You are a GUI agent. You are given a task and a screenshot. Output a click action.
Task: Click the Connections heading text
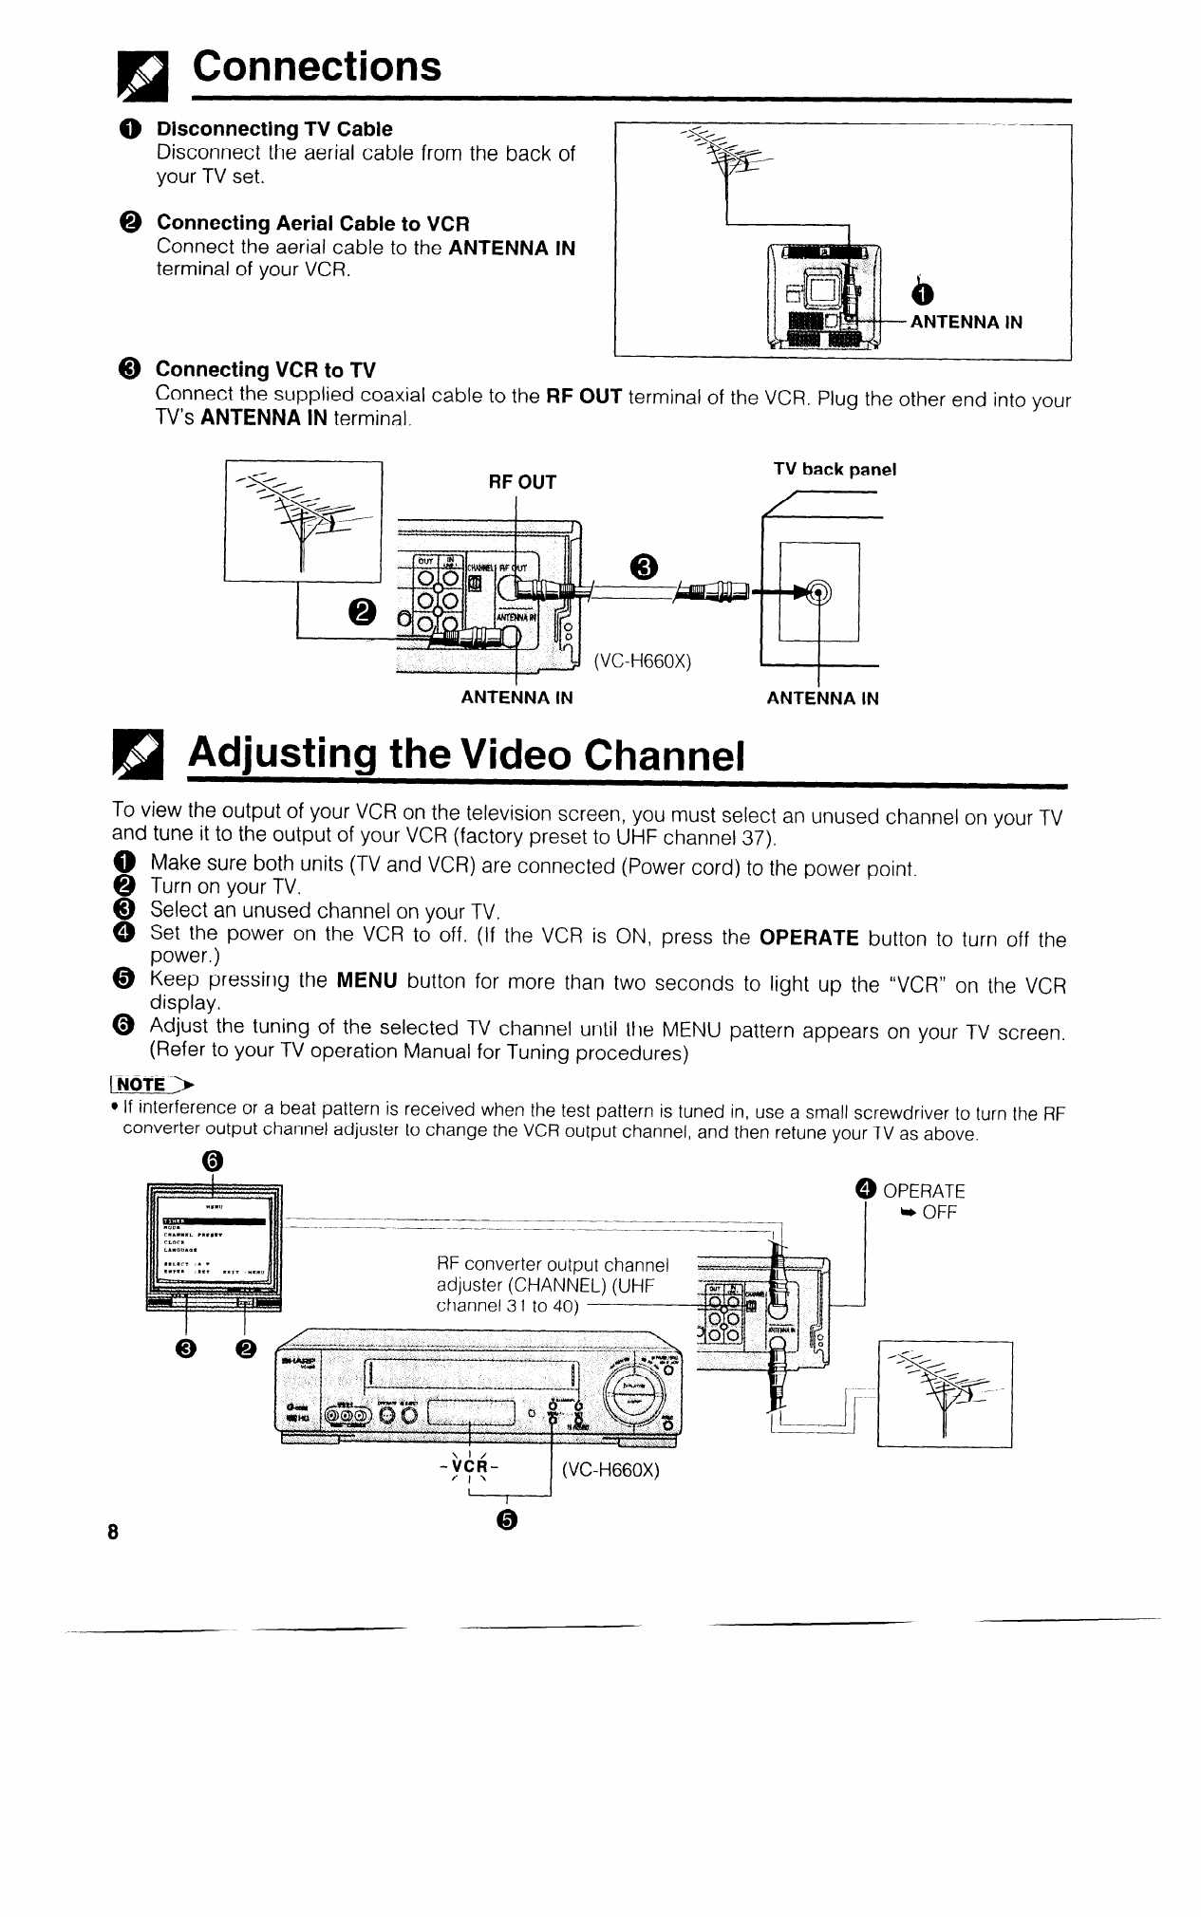(x=317, y=65)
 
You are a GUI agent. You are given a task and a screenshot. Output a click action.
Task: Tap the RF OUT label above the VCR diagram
(x=521, y=482)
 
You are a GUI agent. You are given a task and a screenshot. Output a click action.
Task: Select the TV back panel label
(x=835, y=470)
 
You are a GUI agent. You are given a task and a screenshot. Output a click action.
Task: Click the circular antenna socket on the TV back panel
(x=817, y=593)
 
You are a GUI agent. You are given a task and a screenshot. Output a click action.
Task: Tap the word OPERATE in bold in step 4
(x=809, y=939)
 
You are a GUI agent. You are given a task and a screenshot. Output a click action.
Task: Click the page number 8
(x=112, y=1533)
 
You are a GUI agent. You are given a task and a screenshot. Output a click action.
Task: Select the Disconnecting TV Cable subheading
(x=273, y=128)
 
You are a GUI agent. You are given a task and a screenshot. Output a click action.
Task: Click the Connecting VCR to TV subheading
(x=265, y=368)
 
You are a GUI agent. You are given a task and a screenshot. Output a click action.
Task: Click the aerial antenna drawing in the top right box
(x=731, y=162)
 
